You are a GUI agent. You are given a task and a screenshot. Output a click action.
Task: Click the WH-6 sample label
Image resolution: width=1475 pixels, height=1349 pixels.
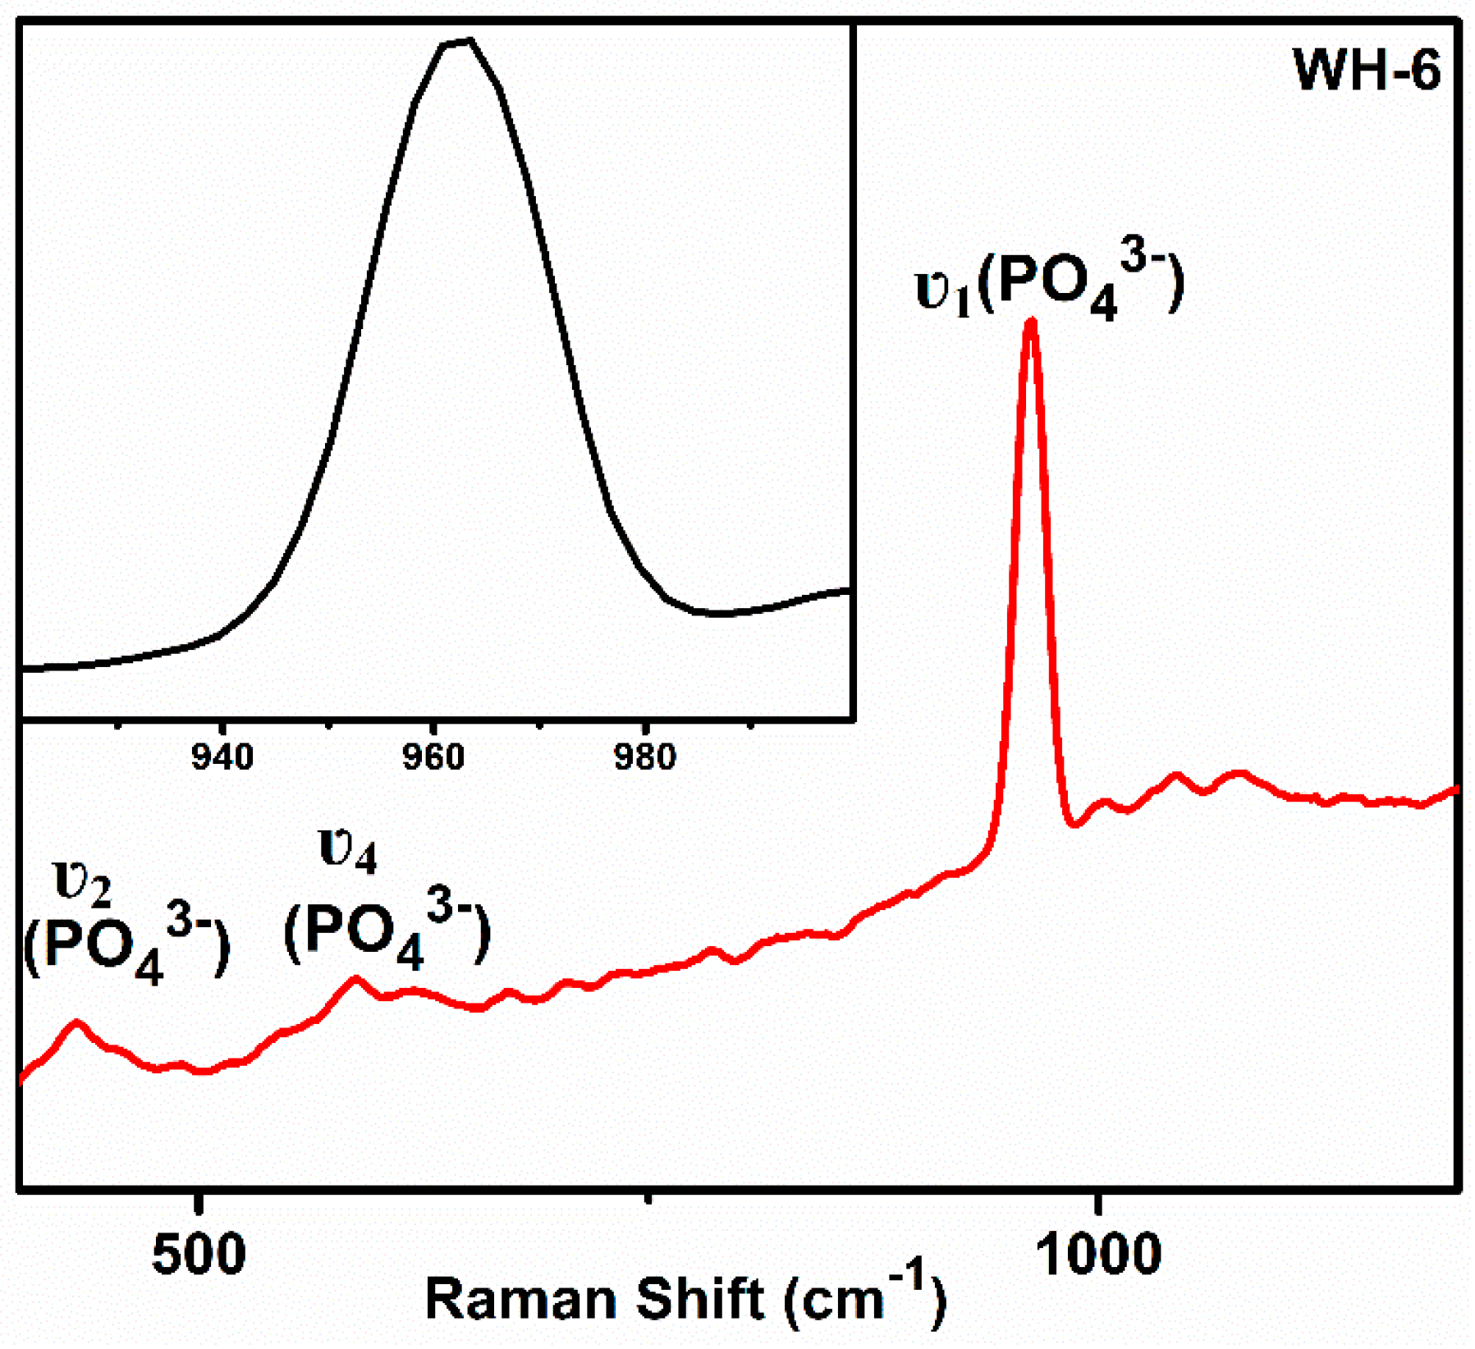click(x=1367, y=71)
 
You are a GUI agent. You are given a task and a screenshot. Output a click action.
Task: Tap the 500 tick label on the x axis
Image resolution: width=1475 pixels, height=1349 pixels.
click(x=199, y=1255)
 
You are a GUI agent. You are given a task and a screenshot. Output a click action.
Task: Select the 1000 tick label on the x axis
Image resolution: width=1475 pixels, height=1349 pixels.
click(x=1098, y=1255)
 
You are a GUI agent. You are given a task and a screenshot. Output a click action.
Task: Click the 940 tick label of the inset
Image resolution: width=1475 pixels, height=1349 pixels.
click(x=222, y=757)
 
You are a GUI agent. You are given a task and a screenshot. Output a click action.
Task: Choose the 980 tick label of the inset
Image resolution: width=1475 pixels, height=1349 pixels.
click(x=645, y=757)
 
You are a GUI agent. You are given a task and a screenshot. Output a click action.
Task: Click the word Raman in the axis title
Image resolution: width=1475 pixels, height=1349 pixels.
click(x=521, y=1300)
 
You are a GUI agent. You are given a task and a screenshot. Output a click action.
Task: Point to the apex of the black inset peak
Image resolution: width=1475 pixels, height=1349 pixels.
click(x=460, y=41)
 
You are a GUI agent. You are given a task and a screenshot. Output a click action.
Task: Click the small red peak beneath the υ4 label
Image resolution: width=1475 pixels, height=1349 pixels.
click(x=355, y=978)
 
